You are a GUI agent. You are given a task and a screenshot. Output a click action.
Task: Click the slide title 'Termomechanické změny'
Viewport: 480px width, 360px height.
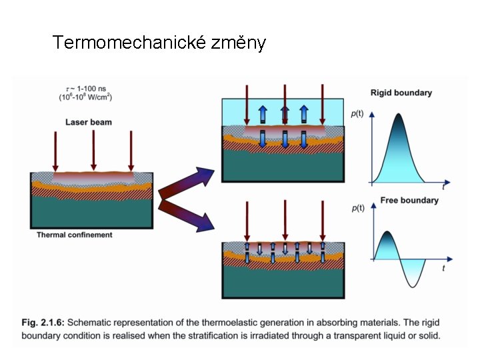click(159, 43)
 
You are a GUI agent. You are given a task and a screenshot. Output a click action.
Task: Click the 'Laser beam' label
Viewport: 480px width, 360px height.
click(89, 122)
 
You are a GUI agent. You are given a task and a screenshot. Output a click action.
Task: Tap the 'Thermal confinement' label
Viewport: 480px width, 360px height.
click(75, 235)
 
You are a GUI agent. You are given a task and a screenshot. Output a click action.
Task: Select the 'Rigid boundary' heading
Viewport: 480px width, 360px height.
click(401, 93)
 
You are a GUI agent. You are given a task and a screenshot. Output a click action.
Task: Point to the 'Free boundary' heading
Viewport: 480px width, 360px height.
click(409, 200)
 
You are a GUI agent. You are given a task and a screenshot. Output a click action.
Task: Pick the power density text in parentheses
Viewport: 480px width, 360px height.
click(85, 98)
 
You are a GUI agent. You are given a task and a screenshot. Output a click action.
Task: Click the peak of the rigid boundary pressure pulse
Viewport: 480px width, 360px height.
click(399, 115)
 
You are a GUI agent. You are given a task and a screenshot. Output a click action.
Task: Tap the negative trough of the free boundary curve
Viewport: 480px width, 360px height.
click(414, 285)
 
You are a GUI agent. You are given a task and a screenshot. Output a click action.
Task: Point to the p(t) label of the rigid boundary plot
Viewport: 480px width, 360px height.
click(358, 113)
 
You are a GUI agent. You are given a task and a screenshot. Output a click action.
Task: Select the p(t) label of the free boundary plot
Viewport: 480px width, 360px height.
click(358, 208)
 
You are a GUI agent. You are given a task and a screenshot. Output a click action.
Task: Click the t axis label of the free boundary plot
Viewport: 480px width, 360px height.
click(443, 268)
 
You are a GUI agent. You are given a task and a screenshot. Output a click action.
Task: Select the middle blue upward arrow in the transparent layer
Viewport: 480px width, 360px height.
click(285, 113)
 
